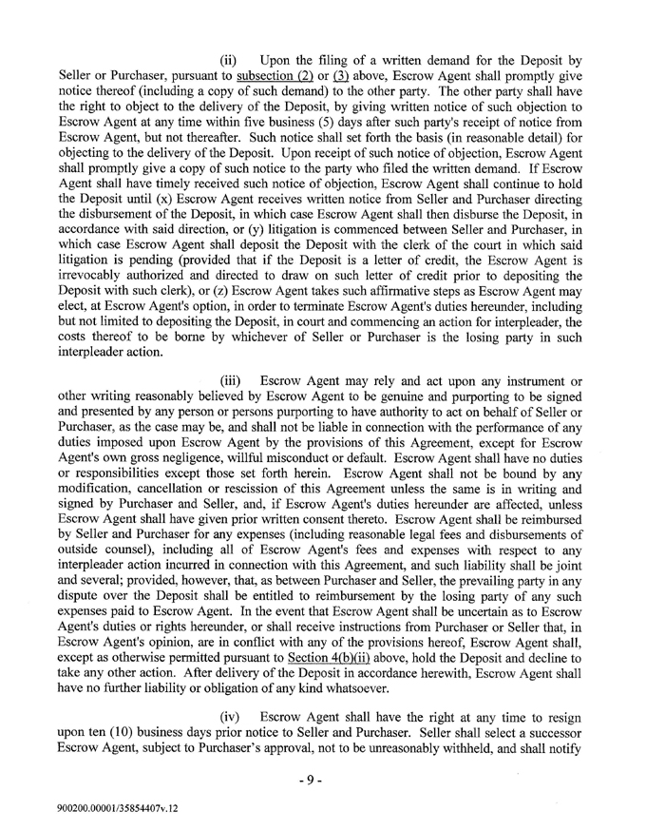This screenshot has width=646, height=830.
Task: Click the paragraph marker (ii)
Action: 228,60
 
